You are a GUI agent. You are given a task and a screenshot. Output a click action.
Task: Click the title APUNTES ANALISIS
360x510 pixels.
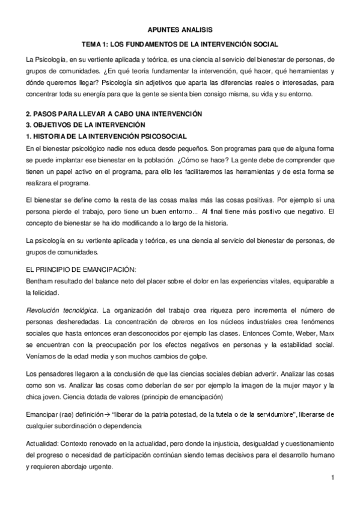tap(180, 29)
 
